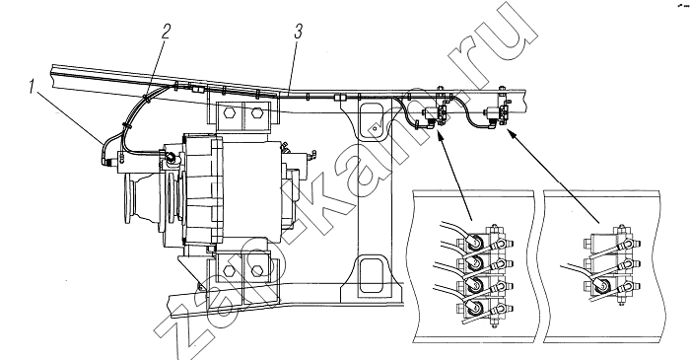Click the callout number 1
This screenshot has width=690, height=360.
tap(32, 87)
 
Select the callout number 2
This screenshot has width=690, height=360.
tap(166, 32)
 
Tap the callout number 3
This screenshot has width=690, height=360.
tap(299, 32)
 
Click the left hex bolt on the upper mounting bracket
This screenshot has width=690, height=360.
tap(229, 112)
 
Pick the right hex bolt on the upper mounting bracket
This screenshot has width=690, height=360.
tap(256, 112)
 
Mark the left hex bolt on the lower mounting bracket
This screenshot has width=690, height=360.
tap(229, 270)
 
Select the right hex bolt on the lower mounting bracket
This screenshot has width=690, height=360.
tap(256, 270)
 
